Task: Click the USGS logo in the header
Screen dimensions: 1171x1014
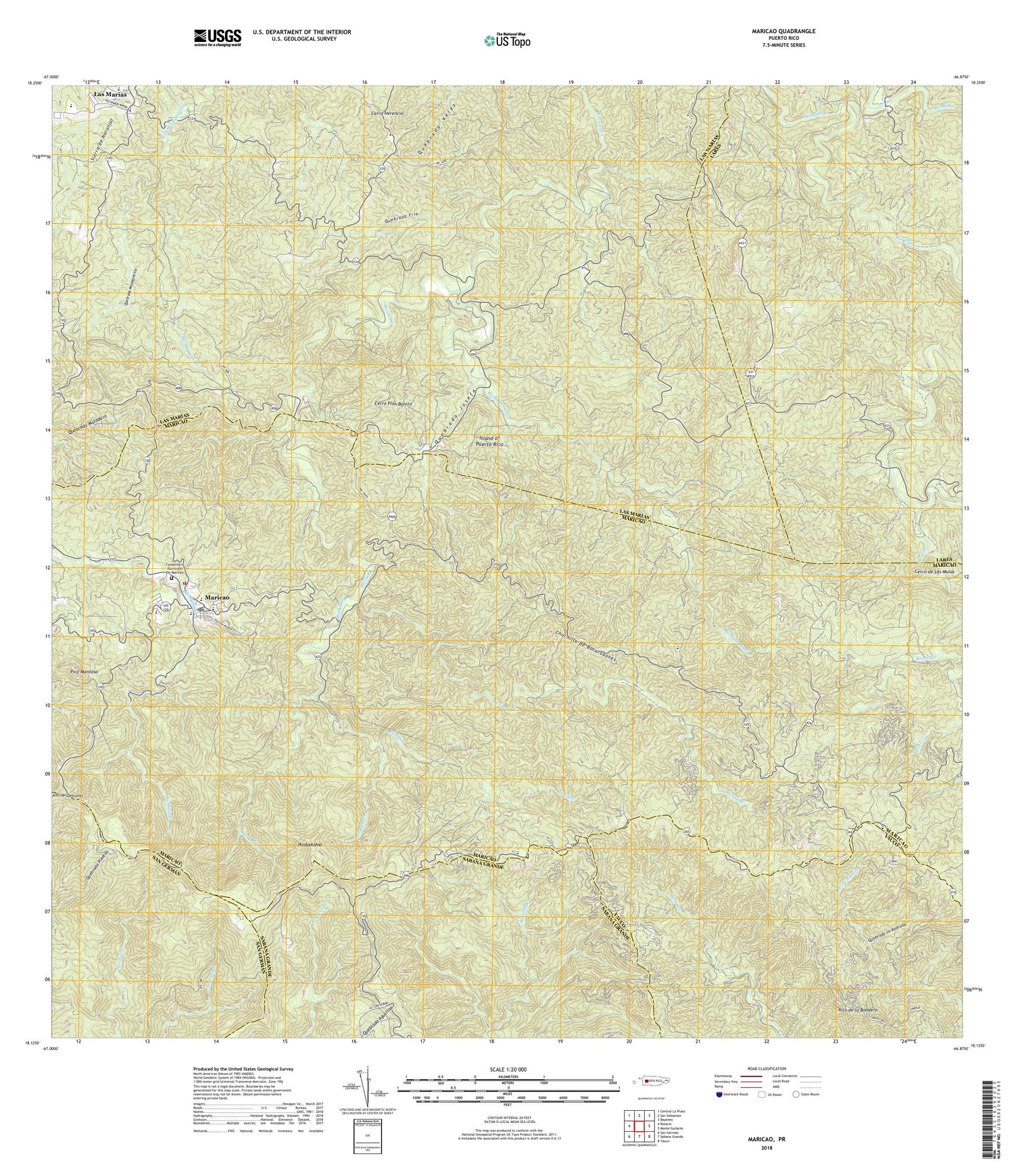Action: (x=217, y=36)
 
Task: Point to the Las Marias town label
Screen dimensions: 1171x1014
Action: (x=110, y=95)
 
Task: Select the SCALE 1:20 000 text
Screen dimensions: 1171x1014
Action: (x=508, y=1069)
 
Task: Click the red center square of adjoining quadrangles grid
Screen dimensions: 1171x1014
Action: (x=638, y=1126)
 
